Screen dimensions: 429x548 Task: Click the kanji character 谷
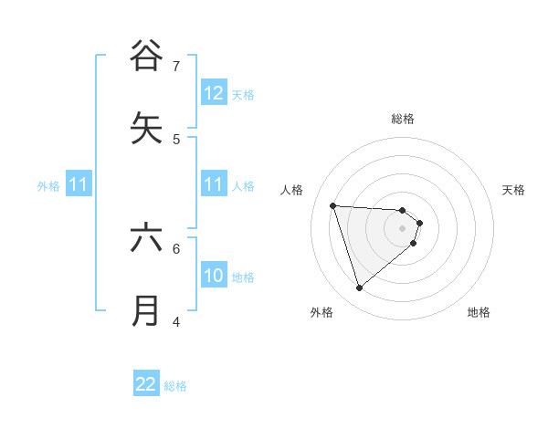(x=146, y=56)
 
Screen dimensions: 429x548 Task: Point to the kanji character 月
(x=146, y=310)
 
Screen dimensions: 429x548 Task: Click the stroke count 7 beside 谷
(x=176, y=66)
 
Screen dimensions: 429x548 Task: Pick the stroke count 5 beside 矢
(x=176, y=139)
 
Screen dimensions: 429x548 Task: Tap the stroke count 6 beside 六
(x=176, y=247)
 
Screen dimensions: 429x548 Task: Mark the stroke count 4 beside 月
(x=176, y=321)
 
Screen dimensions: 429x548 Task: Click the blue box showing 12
(x=214, y=93)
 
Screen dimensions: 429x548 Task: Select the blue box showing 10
(x=214, y=276)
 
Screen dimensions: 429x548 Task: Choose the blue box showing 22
(x=146, y=384)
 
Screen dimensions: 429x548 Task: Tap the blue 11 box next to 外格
(x=79, y=184)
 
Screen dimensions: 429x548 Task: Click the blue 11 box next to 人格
(x=214, y=184)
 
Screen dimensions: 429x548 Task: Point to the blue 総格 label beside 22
(x=175, y=386)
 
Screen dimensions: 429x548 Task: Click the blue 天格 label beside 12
(x=243, y=95)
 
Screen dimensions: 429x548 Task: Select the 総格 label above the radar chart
(x=403, y=119)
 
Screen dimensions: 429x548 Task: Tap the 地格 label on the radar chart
(x=479, y=312)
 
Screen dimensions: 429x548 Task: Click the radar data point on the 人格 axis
(x=333, y=205)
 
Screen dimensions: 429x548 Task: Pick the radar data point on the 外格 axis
(x=359, y=288)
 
